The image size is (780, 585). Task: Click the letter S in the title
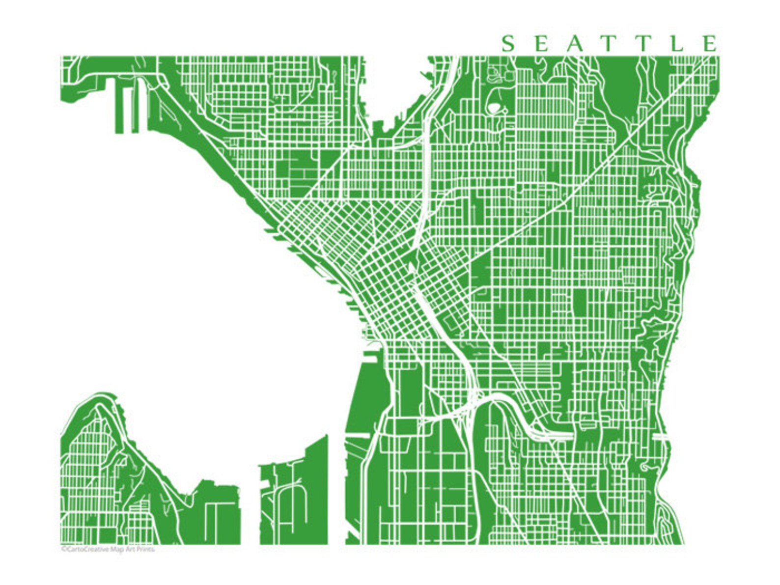tap(508, 44)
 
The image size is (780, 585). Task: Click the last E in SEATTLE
tap(710, 44)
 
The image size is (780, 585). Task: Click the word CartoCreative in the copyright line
tap(82, 549)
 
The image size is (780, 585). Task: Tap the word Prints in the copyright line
tap(145, 549)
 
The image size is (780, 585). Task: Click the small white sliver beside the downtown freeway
tap(410, 268)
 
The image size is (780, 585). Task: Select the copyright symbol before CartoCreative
tap(63, 549)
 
